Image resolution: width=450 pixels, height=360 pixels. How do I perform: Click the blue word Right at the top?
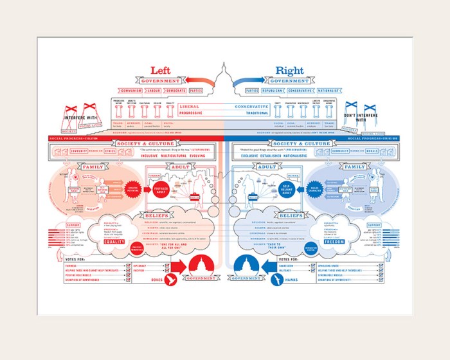pyautogui.click(x=289, y=71)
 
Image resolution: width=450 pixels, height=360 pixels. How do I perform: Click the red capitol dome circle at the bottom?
pyautogui.click(x=199, y=265)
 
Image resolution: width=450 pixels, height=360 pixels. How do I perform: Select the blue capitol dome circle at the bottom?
pyautogui.click(x=251, y=265)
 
